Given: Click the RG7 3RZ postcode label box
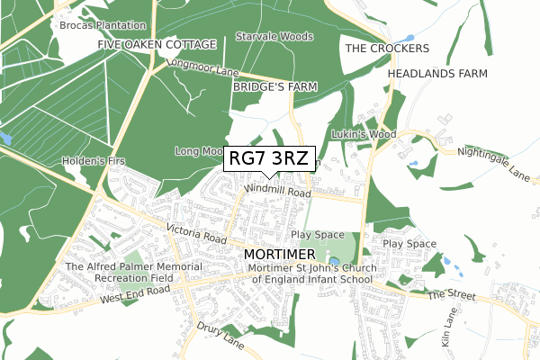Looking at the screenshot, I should click(x=269, y=158).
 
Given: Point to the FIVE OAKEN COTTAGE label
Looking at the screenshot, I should click(x=157, y=44).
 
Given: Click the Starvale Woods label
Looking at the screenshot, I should click(x=274, y=37).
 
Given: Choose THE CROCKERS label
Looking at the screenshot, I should click(x=387, y=48).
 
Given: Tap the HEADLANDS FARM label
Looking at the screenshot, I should click(x=437, y=73).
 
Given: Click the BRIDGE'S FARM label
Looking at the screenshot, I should click(x=275, y=87).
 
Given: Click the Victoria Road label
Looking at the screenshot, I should click(x=196, y=236).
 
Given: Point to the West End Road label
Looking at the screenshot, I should click(x=135, y=294).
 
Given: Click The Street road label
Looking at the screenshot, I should click(x=450, y=295).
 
